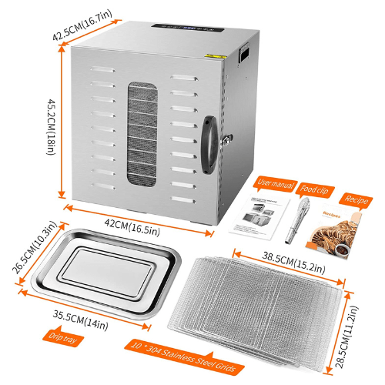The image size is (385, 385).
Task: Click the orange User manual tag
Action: pos(275,184)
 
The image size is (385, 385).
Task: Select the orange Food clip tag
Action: pos(319,186)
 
